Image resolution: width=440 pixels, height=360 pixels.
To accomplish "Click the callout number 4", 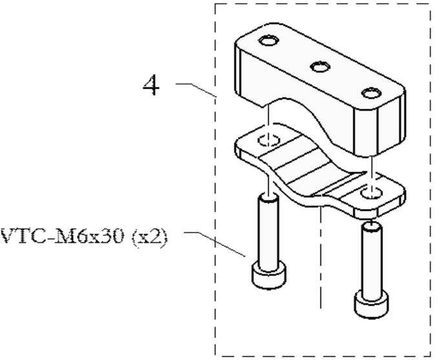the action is point(151,85).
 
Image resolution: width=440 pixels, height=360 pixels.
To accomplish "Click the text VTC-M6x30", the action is point(62,236).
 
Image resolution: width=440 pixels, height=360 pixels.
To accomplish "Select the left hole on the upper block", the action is point(269,41).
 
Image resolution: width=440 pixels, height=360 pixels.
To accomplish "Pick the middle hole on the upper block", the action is point(320,67).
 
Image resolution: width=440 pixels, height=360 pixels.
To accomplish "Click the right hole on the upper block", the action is point(371,93).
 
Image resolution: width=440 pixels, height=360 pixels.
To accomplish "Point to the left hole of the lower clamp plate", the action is point(269,140).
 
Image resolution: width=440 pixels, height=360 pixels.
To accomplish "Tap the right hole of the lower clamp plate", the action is point(372,193).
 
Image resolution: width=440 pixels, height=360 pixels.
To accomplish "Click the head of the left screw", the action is point(269,275).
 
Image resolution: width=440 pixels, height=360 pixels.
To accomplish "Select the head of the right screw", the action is point(372,304).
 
